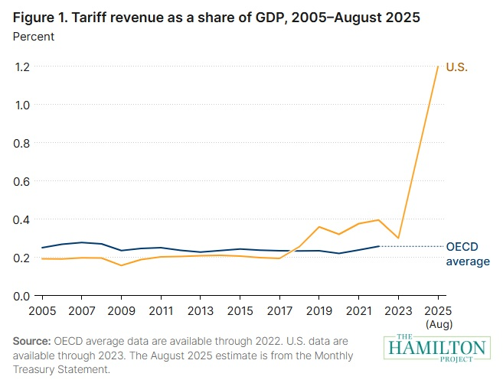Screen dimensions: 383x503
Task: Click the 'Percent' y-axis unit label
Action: (34, 35)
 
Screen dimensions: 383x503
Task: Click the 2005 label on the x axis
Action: (42, 311)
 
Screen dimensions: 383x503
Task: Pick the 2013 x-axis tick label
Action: (201, 311)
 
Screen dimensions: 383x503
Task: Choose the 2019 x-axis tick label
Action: (319, 311)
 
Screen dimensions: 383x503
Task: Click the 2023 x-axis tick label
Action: (398, 311)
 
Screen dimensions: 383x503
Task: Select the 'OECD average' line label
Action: (467, 254)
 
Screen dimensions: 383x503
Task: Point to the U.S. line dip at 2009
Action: (121, 265)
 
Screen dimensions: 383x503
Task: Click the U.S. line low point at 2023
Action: (398, 238)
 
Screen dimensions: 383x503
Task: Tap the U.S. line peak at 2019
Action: (319, 227)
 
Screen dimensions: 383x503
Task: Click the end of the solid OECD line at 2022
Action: (378, 246)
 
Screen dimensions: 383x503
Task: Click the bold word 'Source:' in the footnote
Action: (31, 340)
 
